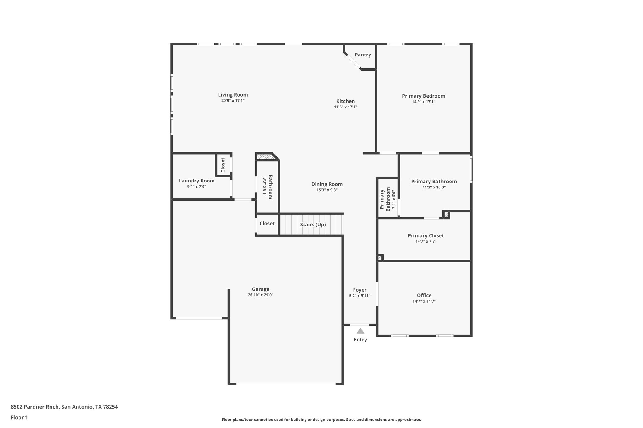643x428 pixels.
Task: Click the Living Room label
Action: [x=233, y=95]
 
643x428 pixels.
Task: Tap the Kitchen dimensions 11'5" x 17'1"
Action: [x=345, y=107]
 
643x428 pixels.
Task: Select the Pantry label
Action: [x=363, y=55]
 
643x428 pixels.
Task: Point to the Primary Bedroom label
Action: [x=423, y=96]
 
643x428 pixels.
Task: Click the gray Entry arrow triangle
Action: [x=360, y=331]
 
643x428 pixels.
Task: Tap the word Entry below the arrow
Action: [x=360, y=340]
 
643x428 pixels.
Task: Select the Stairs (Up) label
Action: [x=313, y=225]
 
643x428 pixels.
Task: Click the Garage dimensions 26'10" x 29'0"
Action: [x=260, y=295]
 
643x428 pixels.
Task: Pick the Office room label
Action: [x=424, y=295]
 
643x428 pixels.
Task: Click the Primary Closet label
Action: [x=425, y=235]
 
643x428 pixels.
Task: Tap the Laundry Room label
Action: [x=197, y=181]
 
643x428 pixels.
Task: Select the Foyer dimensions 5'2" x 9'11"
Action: [x=359, y=296]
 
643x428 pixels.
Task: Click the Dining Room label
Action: [x=327, y=184]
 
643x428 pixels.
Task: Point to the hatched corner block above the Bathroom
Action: [x=264, y=156]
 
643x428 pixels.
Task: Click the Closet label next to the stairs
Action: [x=267, y=224]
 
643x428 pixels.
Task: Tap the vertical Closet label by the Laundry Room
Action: [x=223, y=165]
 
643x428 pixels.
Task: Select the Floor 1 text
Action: [x=19, y=417]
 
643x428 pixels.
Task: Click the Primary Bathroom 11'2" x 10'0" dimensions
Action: [x=434, y=187]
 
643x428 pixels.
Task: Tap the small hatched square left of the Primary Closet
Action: [x=380, y=258]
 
